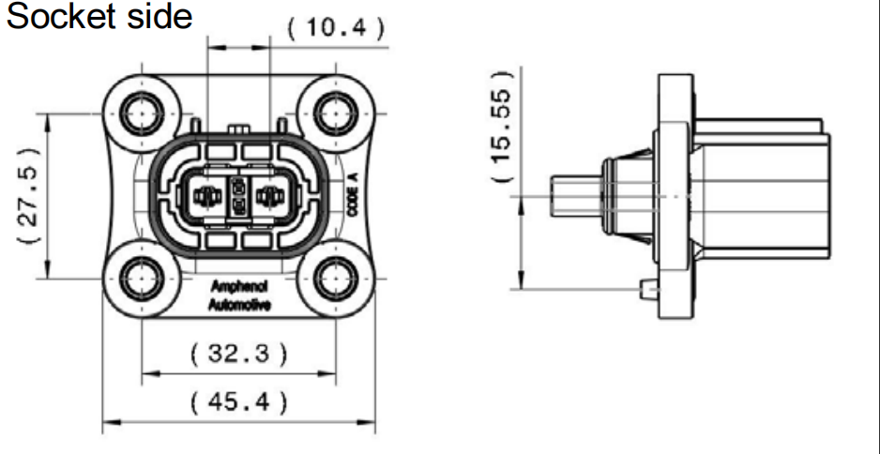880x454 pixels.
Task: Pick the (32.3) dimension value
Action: [238, 354]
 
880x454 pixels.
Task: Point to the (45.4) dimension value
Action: [238, 403]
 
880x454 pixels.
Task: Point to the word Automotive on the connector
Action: [238, 305]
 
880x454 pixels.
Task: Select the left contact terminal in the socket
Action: [205, 196]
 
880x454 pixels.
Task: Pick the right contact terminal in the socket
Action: [271, 196]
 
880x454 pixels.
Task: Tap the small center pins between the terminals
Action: [238, 196]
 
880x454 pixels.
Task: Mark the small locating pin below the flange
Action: [647, 289]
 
